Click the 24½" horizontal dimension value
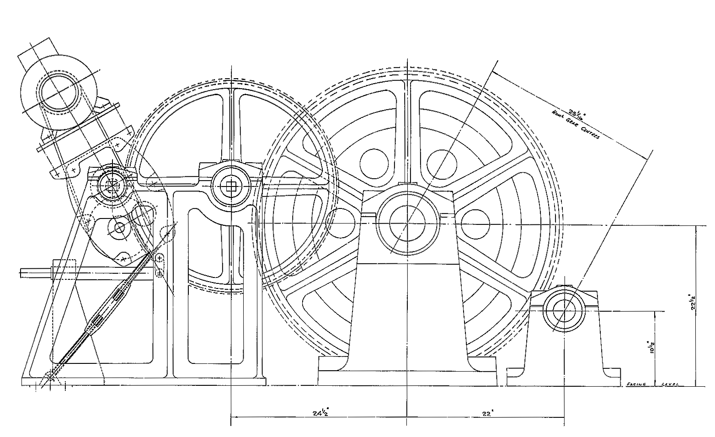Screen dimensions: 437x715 pos(321,413)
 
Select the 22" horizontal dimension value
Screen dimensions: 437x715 pos(486,413)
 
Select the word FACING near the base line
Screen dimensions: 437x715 pos(636,384)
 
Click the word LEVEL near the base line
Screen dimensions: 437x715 pos(670,384)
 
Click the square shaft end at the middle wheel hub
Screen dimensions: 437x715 pos(231,186)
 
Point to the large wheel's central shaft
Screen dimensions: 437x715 pos(407,223)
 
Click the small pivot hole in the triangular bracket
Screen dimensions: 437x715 pos(120,227)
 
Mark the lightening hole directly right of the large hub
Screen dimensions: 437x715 pos(475,223)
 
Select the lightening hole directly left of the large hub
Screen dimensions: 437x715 pos(341,223)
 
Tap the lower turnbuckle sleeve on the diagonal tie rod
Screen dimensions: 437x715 pos(95,324)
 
